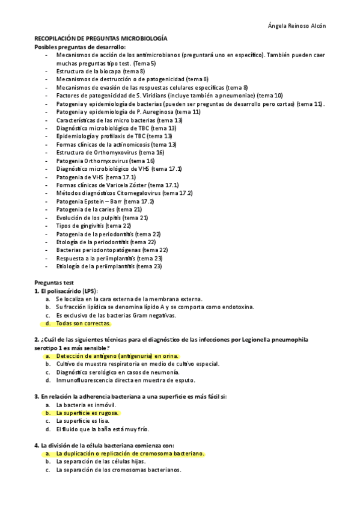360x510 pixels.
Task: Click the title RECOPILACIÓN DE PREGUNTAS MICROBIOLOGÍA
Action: pyautogui.click(x=101, y=38)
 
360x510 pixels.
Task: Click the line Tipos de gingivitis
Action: pyautogui.click(x=93, y=226)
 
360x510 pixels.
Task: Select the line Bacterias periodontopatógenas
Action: pyautogui.click(x=112, y=250)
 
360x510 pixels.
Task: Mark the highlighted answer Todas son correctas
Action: pyautogui.click(x=83, y=323)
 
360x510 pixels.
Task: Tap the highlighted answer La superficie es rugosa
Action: pyautogui.click(x=88, y=413)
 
